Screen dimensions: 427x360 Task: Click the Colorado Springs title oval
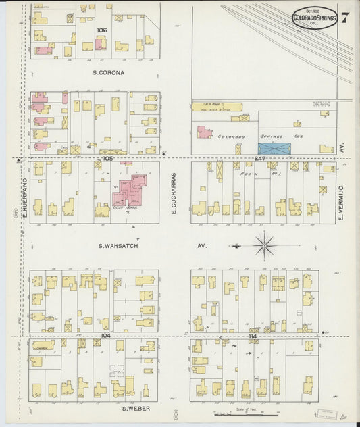(x=315, y=17)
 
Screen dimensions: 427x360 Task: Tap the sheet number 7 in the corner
(x=344, y=17)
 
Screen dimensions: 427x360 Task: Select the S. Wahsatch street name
(x=119, y=246)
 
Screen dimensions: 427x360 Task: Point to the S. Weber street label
(x=135, y=408)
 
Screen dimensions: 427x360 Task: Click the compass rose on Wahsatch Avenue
(x=264, y=245)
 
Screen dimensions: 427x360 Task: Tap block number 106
(x=102, y=30)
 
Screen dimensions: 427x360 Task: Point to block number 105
(x=107, y=158)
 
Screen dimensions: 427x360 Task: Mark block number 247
(x=260, y=158)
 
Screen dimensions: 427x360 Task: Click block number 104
(x=105, y=335)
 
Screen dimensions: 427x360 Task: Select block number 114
(x=253, y=336)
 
